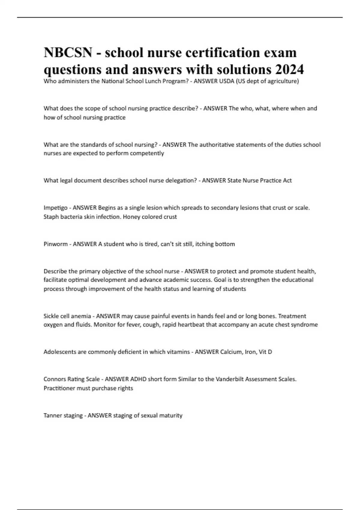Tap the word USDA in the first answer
[x=227, y=81]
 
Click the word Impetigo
[x=55, y=208]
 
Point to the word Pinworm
[x=55, y=244]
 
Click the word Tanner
[x=52, y=415]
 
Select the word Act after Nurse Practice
[x=287, y=181]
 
